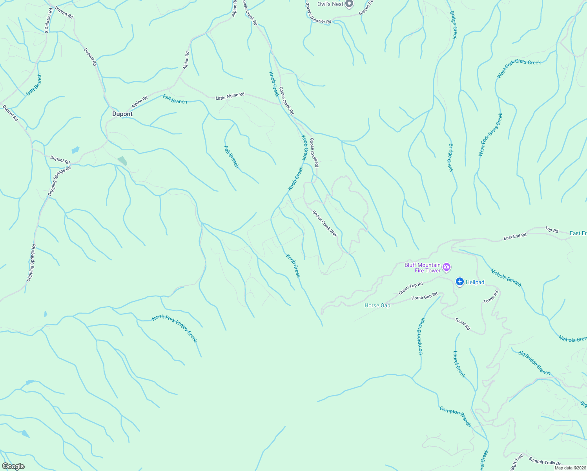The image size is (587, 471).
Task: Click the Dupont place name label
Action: click(122, 114)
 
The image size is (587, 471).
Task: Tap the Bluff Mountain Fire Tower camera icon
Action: click(447, 268)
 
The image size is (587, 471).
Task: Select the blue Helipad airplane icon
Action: click(460, 282)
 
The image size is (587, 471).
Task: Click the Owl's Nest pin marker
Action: click(349, 4)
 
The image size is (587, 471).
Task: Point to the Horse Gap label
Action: click(377, 305)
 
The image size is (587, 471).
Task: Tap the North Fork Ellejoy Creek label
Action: click(175, 328)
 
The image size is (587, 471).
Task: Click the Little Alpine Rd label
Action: click(230, 96)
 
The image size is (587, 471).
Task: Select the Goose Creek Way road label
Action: click(325, 223)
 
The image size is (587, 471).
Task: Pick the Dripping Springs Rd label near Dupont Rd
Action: click(60, 181)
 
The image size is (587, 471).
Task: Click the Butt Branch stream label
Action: click(34, 85)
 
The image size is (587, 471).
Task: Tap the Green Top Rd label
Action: click(411, 288)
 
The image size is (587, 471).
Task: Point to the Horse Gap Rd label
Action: click(424, 297)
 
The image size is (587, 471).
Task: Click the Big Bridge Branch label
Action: click(534, 363)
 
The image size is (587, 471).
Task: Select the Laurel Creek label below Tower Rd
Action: click(459, 364)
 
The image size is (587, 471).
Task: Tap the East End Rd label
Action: click(515, 237)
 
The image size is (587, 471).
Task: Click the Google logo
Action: click(13, 466)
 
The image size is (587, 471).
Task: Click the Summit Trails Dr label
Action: click(545, 461)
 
